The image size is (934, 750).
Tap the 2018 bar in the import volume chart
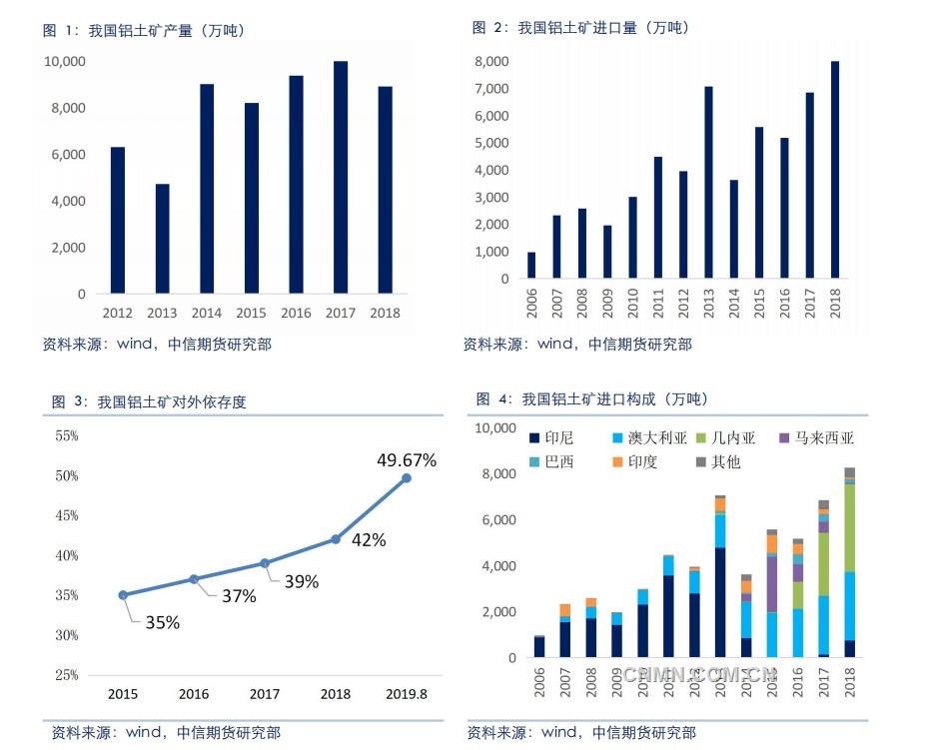tap(835, 170)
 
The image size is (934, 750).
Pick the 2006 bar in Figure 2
tap(531, 266)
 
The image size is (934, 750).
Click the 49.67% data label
tap(407, 460)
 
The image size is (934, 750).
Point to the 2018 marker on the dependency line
tap(336, 539)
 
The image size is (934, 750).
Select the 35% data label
tap(162, 622)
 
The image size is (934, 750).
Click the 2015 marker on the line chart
tap(123, 595)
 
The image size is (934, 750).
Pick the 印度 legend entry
tap(633, 461)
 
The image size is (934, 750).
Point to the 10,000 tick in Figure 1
tap(64, 62)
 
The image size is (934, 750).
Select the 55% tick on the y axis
tap(67, 436)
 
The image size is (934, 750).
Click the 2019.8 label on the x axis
tap(407, 693)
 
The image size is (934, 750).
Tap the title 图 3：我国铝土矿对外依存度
tap(149, 402)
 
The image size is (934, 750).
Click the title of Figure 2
tap(580, 28)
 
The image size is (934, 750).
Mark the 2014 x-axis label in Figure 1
tap(207, 313)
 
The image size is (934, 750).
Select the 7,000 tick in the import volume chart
tap(492, 89)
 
